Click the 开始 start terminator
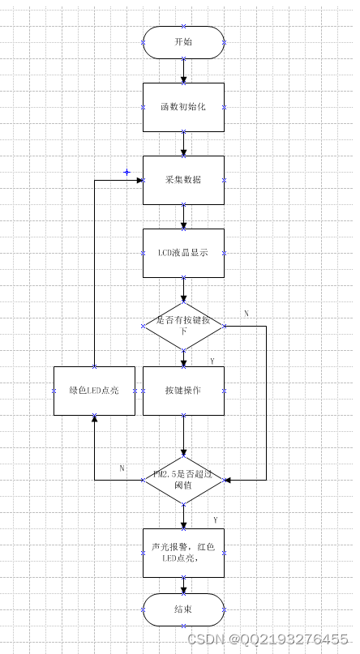coord(183,42)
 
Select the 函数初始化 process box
coord(183,107)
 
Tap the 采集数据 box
coord(183,180)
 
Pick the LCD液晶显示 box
coord(183,253)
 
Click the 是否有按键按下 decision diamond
coord(183,326)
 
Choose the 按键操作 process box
coord(183,391)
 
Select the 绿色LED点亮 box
coord(94,391)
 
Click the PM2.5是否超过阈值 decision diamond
coord(183,480)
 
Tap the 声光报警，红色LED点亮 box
coord(183,553)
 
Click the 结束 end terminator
coord(183,609)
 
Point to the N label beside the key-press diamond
coord(246,313)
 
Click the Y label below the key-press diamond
coord(212,361)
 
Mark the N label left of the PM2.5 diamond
coord(122,468)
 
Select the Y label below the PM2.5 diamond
coord(216,519)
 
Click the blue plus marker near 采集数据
coord(126,172)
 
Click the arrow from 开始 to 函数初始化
coord(183,71)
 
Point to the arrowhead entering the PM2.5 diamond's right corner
coord(228,480)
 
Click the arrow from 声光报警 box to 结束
coord(183,586)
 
